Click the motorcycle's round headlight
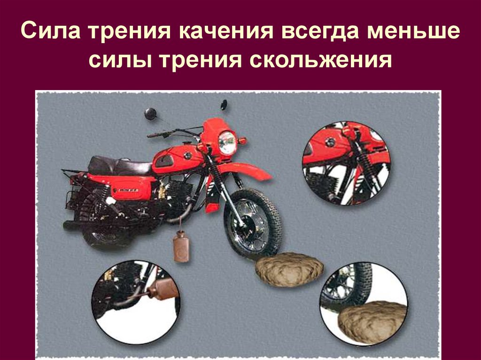pyautogui.click(x=227, y=142)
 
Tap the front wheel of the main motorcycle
pyautogui.click(x=253, y=223)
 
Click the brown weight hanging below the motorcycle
pyautogui.click(x=181, y=246)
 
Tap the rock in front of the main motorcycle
pyautogui.click(x=289, y=269)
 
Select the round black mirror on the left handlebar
pyautogui.click(x=150, y=114)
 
